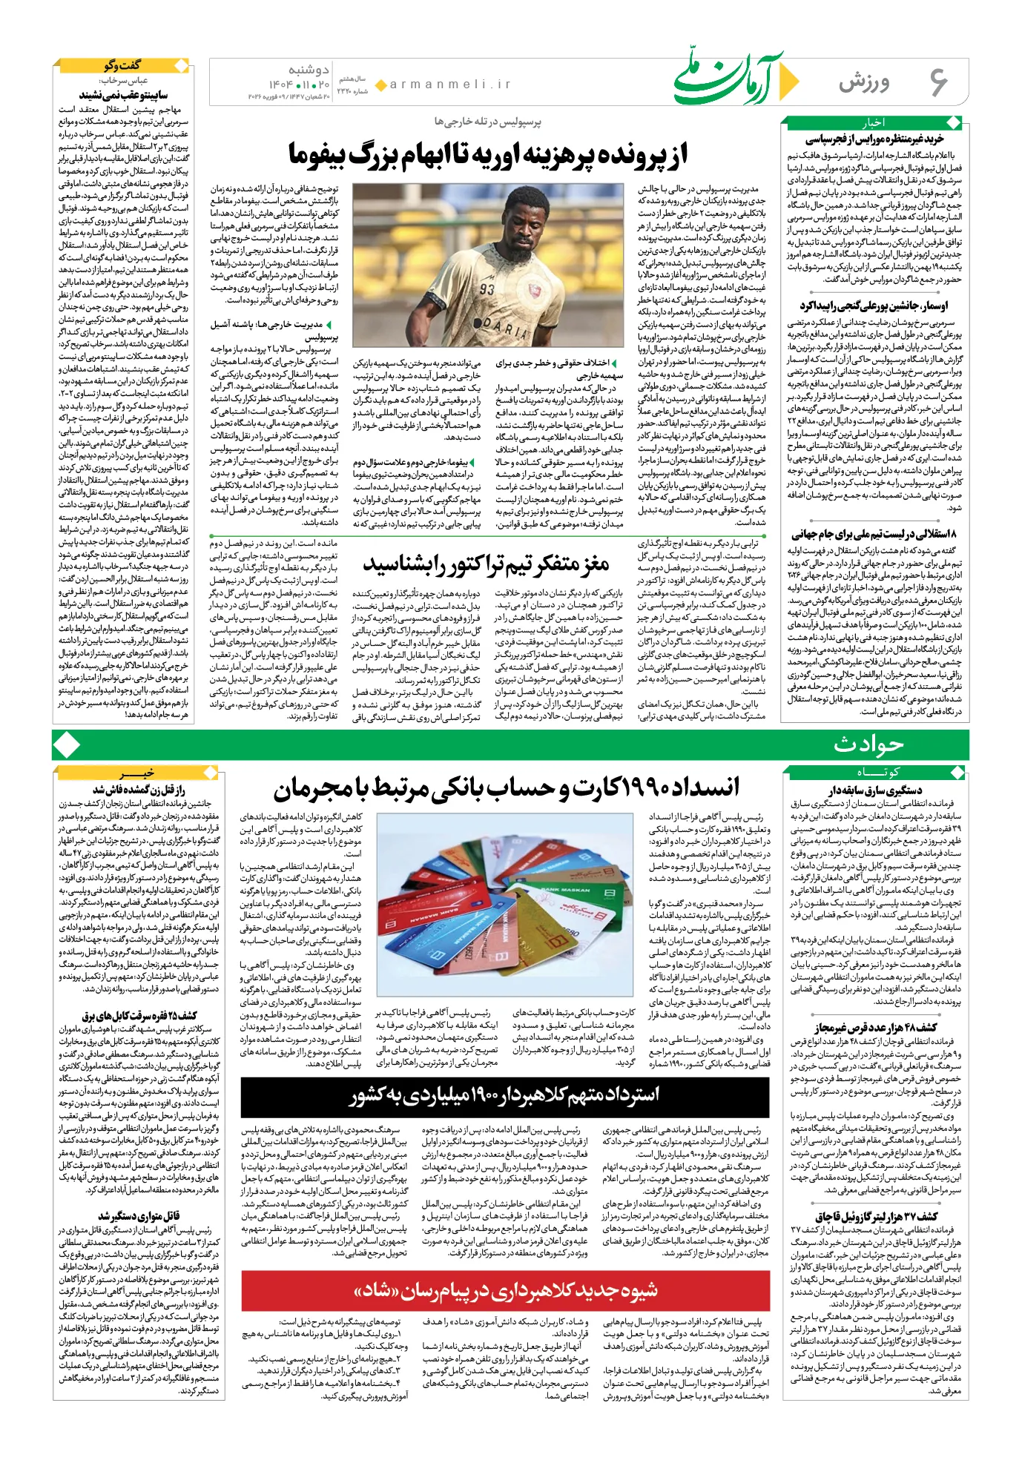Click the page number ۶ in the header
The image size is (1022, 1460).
tap(938, 82)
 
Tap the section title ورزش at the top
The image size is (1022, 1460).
tap(864, 83)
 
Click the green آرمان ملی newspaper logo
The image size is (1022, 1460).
tap(731, 79)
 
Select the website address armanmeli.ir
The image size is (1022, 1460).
tap(450, 85)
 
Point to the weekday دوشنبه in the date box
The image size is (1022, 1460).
tap(309, 69)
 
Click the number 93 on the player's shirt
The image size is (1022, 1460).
tap(487, 288)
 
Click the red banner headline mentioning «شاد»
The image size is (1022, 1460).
tap(504, 1291)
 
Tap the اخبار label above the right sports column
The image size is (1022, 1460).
tap(873, 122)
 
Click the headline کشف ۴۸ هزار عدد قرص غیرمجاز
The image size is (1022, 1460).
tap(875, 1028)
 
